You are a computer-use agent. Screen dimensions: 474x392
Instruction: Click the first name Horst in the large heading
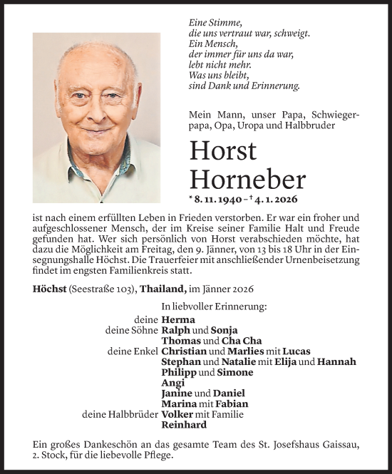222,151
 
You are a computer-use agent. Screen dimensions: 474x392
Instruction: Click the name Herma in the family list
178,320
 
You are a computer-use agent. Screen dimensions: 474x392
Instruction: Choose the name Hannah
336,362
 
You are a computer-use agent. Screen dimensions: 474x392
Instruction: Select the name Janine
177,393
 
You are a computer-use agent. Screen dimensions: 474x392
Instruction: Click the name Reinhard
185,425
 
